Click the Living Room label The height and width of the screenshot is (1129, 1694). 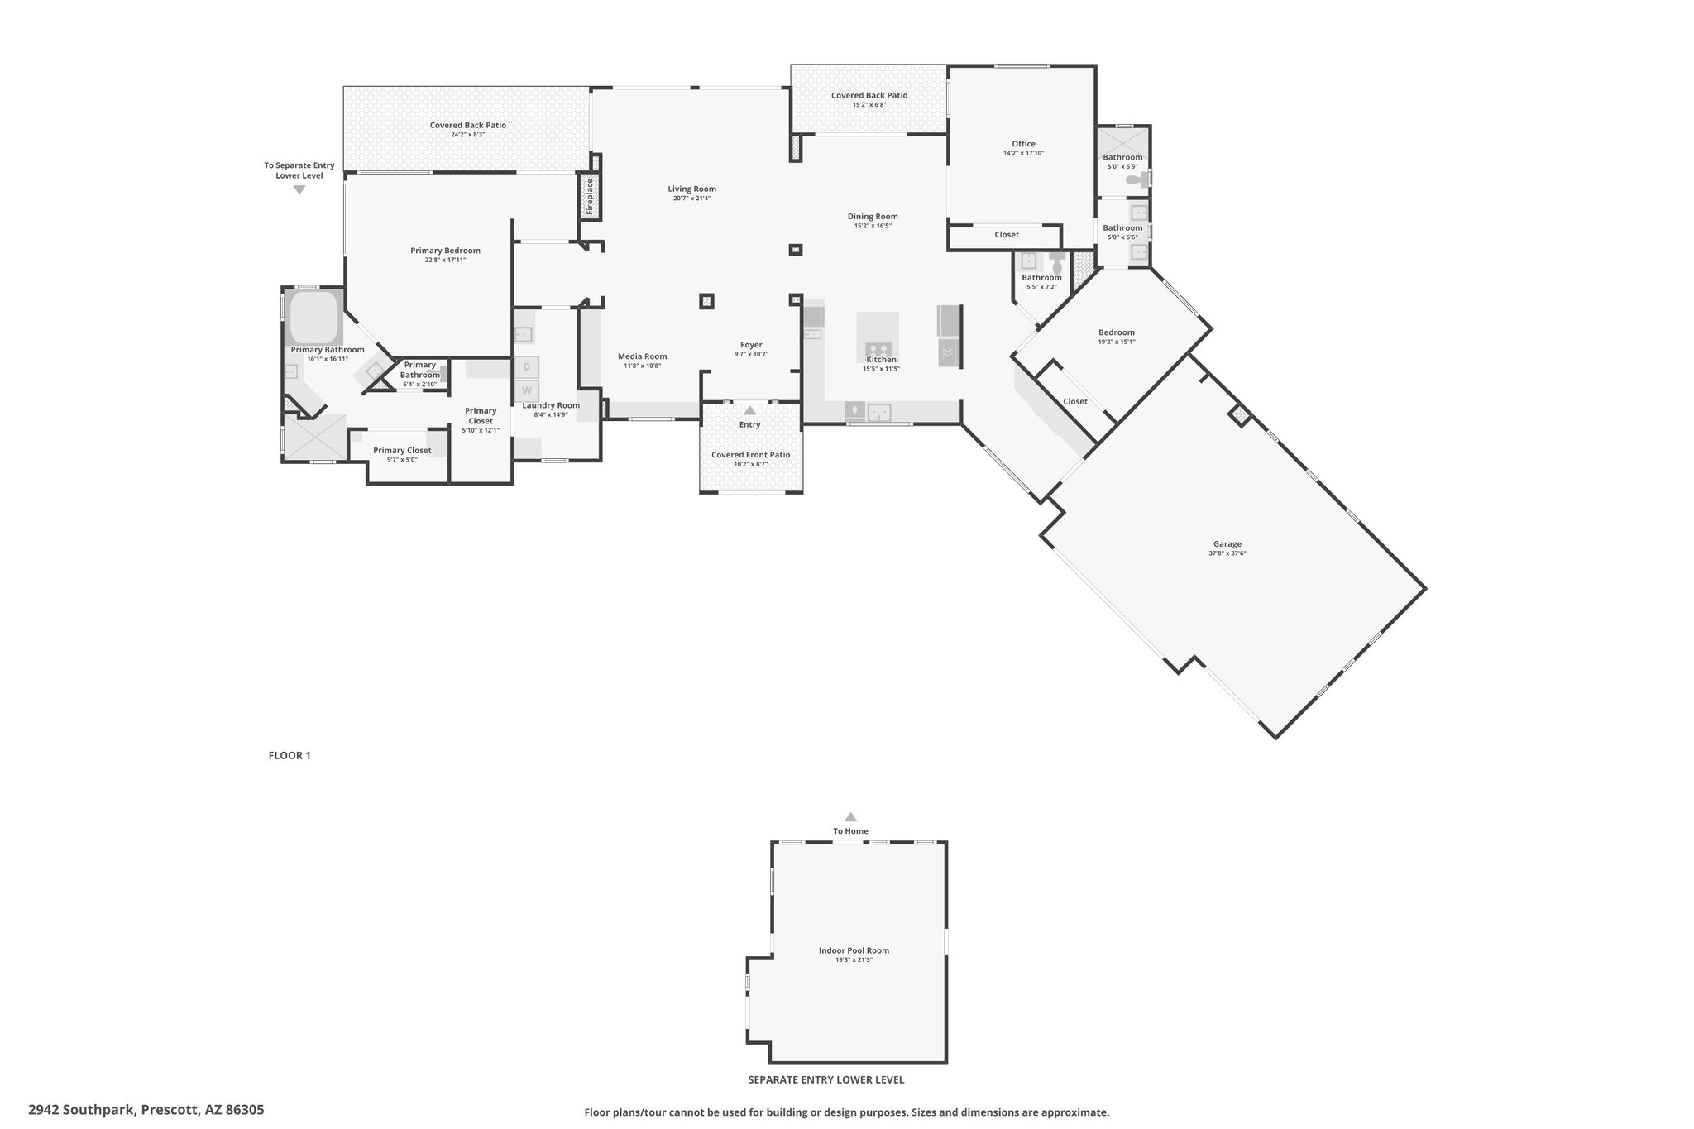click(692, 189)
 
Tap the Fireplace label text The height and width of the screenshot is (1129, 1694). click(590, 196)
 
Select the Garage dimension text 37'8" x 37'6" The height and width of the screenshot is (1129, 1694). click(1227, 553)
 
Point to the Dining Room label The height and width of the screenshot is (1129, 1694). click(873, 217)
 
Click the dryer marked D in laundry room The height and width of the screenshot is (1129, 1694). click(527, 366)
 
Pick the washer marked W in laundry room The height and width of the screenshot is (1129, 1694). click(527, 390)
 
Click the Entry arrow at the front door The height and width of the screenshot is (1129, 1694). click(749, 410)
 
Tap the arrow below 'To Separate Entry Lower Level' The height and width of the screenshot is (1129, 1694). click(299, 189)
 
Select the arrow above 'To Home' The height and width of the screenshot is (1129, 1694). click(850, 816)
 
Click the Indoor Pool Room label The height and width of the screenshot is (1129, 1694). click(854, 950)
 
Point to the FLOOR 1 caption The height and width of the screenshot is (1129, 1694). click(290, 755)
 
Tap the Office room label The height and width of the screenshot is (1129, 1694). click(1023, 144)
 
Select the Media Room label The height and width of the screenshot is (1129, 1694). click(642, 356)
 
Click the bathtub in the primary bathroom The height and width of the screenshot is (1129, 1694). click(314, 317)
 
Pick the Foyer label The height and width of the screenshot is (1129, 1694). click(751, 345)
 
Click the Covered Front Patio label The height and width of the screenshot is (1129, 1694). click(750, 455)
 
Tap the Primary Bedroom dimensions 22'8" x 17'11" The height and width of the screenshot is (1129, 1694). click(445, 261)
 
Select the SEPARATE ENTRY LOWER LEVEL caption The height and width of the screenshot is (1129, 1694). click(825, 1079)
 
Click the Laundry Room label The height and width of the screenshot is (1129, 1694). click(551, 405)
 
